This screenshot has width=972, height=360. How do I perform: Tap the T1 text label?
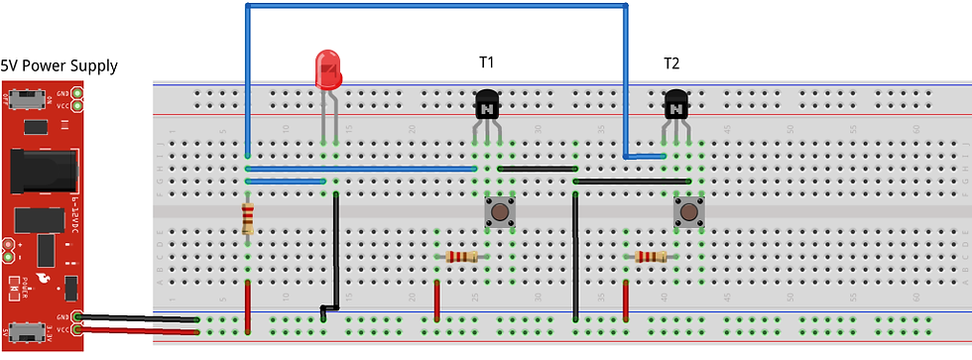[487, 63]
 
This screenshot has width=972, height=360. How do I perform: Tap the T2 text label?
[671, 63]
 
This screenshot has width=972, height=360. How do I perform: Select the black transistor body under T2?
[675, 104]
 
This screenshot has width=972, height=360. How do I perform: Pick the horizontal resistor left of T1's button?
[461, 257]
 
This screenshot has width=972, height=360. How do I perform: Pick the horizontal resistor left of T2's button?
[650, 257]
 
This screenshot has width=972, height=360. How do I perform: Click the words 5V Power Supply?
[60, 66]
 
